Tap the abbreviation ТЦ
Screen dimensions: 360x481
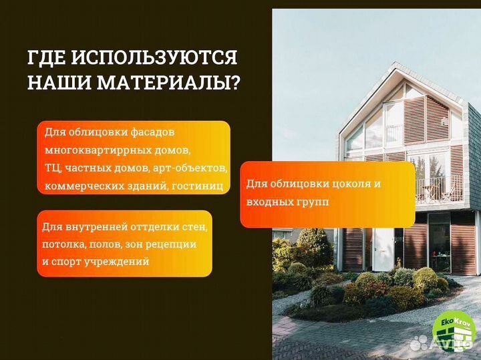(52, 168)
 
